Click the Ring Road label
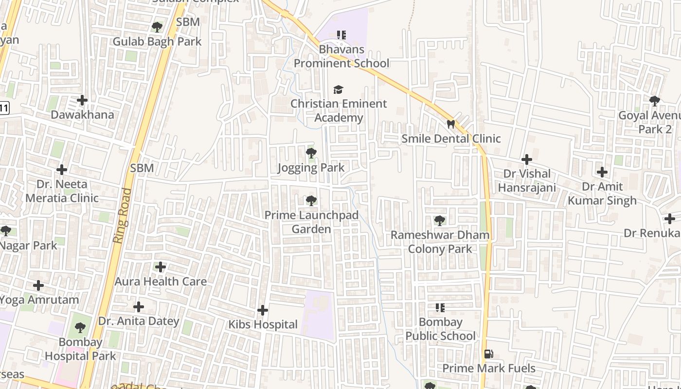click(122, 215)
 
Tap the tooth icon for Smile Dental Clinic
click(451, 124)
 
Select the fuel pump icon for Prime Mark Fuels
click(488, 354)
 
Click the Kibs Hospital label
click(263, 324)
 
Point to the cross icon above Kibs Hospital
click(263, 310)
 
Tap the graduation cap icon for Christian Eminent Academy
click(338, 89)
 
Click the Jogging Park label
click(311, 168)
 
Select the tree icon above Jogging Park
click(311, 154)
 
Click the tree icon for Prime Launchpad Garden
click(311, 200)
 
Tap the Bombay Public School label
click(440, 329)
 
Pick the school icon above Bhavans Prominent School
click(341, 35)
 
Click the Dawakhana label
click(83, 115)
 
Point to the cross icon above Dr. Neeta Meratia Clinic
click(62, 170)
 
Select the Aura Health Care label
click(161, 282)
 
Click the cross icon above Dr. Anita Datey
click(139, 307)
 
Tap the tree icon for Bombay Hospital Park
click(80, 328)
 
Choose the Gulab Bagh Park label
click(157, 41)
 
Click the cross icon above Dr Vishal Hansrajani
click(526, 159)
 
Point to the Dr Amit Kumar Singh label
click(602, 194)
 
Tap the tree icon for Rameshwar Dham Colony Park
click(440, 221)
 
